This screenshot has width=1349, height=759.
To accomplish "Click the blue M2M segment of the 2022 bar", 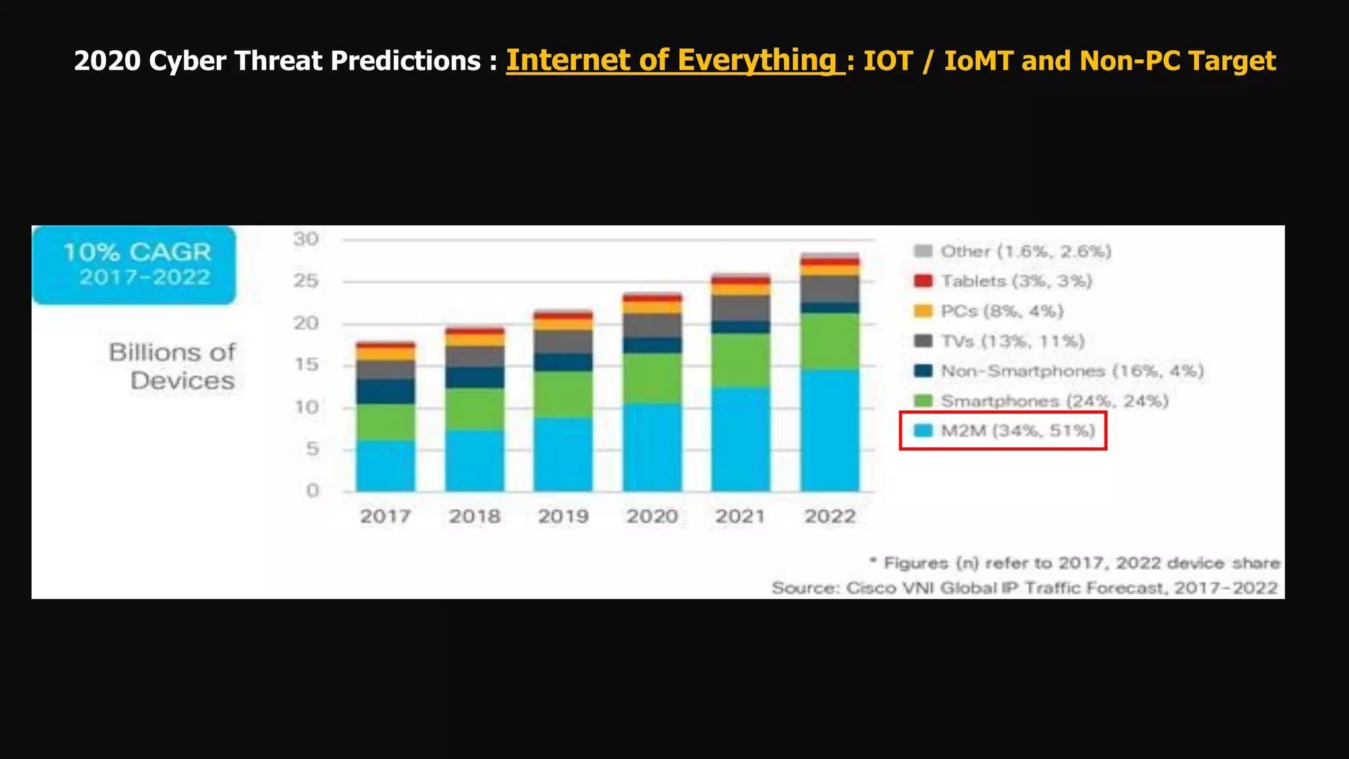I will point(830,430).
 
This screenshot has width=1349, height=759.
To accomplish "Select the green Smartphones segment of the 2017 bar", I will point(386,422).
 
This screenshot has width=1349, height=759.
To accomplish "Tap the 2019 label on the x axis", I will point(563,516).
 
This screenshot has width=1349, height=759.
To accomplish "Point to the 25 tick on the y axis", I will point(306,281).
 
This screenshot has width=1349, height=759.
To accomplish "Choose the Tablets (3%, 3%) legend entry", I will point(1004,281).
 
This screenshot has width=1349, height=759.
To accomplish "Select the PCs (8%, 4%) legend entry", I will point(989,311).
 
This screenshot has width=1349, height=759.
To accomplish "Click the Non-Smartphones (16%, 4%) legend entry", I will point(1059,371).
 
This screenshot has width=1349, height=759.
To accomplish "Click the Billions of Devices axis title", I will point(173,366).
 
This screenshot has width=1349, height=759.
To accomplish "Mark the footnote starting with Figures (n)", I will point(1075,563).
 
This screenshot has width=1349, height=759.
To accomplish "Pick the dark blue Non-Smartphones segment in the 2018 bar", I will point(475,377).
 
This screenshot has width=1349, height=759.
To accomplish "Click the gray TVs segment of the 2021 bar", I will point(741,308).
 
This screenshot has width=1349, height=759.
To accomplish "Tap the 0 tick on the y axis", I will point(312,491).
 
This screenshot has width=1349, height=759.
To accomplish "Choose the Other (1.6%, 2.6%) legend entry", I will point(1014,251).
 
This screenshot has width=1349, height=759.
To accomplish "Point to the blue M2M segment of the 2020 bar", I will point(653,447).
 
